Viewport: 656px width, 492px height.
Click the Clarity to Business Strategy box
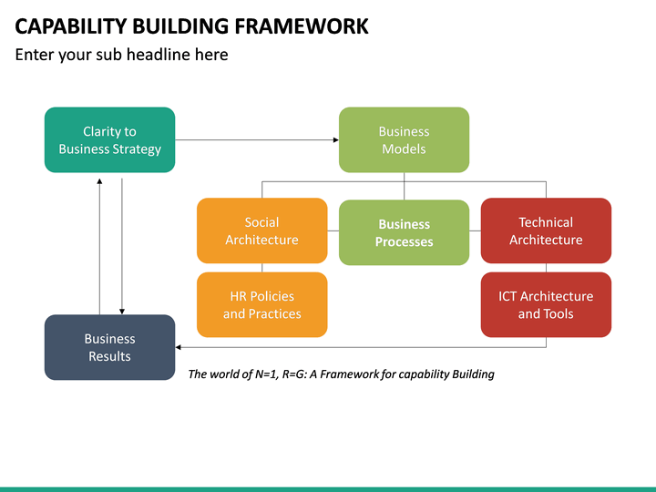tap(109, 139)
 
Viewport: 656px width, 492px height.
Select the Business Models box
tap(404, 139)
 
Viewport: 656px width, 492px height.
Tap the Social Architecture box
tap(261, 231)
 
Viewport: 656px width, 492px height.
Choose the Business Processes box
tap(404, 232)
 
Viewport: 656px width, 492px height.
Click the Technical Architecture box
tap(546, 231)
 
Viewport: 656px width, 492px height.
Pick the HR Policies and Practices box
tap(261, 304)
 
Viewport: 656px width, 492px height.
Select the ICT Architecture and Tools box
tap(546, 304)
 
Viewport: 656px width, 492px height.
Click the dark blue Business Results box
tap(109, 347)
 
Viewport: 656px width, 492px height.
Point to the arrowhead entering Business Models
tap(334, 139)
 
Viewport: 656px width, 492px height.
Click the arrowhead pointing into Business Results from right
tap(179, 347)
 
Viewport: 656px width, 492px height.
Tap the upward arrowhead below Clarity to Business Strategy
tap(99, 181)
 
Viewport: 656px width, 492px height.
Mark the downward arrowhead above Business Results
tap(121, 311)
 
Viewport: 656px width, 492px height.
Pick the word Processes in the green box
tap(404, 241)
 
